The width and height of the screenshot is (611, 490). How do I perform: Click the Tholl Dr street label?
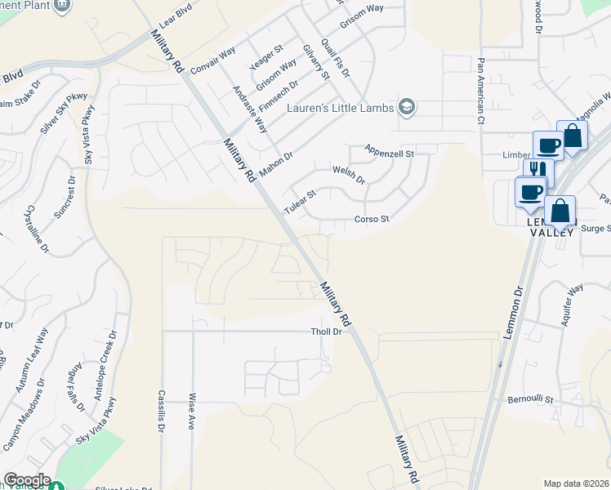click(325, 332)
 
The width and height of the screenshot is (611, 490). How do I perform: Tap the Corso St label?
click(372, 220)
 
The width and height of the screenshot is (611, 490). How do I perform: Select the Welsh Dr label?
click(349, 174)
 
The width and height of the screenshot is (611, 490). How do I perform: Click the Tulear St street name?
click(299, 202)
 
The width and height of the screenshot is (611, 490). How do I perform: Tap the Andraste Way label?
click(250, 109)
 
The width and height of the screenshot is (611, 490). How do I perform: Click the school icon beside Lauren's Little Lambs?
click(406, 107)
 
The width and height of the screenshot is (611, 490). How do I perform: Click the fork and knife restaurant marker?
click(537, 170)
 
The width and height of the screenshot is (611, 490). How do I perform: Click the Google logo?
click(26, 480)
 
